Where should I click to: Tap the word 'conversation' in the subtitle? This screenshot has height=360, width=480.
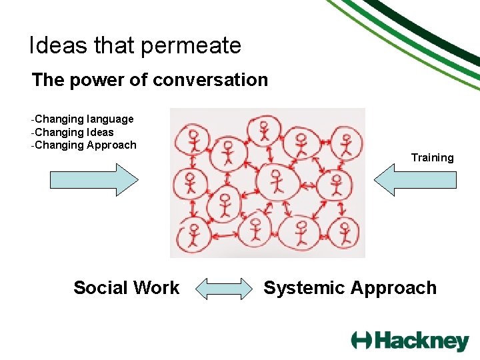coord(210,80)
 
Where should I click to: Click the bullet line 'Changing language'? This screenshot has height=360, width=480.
coord(83,119)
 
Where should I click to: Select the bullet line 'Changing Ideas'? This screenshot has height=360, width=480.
coord(73,132)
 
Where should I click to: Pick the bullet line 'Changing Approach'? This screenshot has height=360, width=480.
coord(85,145)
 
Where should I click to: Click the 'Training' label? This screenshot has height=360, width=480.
coord(432,157)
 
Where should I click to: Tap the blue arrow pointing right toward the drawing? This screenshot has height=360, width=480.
coord(94,180)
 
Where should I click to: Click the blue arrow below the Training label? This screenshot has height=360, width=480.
coord(415,180)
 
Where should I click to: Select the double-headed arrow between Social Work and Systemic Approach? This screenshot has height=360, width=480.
coord(222,289)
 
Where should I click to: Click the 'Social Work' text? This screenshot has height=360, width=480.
coord(126,288)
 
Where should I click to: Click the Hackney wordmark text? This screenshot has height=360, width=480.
coord(421,341)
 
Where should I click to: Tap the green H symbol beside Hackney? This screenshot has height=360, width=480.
coord(362,340)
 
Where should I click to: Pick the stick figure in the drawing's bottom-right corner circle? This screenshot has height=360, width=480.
coord(345,233)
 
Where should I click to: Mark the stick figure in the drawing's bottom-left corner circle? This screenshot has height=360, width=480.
coord(194,235)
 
